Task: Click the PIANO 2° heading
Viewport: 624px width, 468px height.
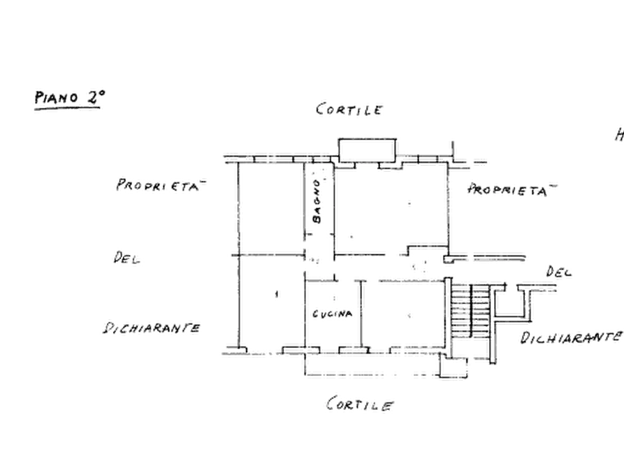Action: [x=70, y=97]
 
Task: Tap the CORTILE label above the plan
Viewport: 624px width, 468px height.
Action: [x=349, y=109]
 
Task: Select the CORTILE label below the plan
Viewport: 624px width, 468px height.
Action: [x=360, y=404]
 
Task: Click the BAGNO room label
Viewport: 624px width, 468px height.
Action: [x=317, y=201]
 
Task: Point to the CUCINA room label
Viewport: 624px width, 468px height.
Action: [x=333, y=314]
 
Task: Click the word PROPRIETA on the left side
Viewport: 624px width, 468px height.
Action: [x=161, y=185]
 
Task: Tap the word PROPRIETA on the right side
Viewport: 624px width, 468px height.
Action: [x=512, y=189]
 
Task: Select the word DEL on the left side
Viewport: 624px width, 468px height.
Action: [x=127, y=258]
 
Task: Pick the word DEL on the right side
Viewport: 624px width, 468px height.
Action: [x=559, y=272]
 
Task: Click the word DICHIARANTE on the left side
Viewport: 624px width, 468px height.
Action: [x=152, y=328]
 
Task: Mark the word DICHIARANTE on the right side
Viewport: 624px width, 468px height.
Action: [x=571, y=337]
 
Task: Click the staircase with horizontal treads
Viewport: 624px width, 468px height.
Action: [x=470, y=311]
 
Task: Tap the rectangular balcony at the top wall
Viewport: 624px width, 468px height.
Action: [x=367, y=150]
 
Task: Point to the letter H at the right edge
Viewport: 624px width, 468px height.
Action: [x=620, y=135]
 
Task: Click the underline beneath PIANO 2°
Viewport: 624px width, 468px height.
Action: [x=67, y=108]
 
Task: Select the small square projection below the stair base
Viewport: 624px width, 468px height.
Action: [x=454, y=367]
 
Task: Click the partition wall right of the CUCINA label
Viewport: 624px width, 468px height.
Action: [x=361, y=314]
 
